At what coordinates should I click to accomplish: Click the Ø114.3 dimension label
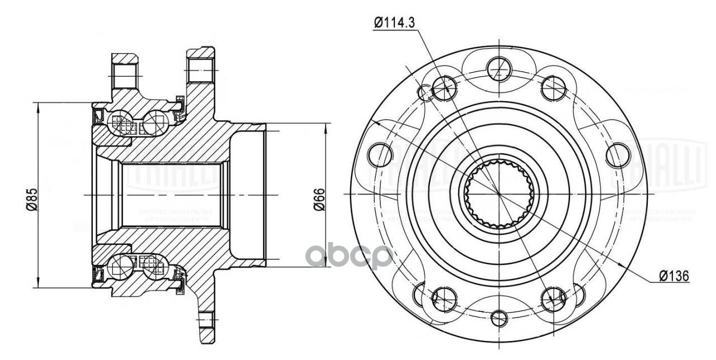(x=395, y=23)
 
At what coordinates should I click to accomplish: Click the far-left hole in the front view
(x=381, y=154)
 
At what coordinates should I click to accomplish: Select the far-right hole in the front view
(x=618, y=155)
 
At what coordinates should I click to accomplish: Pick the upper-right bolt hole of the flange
(x=553, y=87)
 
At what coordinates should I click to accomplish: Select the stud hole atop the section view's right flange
(x=200, y=69)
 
